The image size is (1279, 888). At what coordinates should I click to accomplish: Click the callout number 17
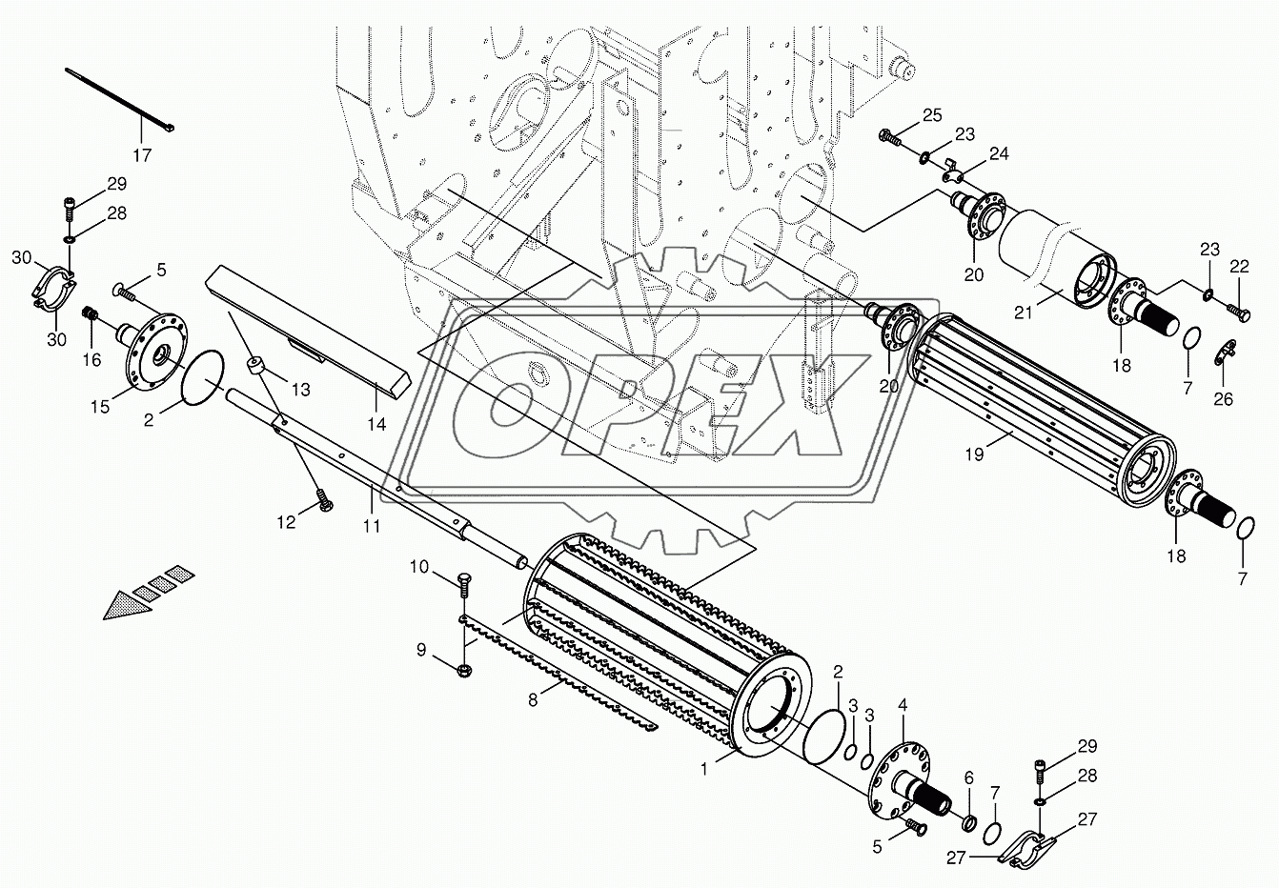coord(142,155)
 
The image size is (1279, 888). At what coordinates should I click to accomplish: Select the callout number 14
coord(376,424)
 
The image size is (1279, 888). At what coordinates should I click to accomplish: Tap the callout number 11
coord(370,524)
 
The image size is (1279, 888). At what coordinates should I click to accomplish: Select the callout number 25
coord(931,115)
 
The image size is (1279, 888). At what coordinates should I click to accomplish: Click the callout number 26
coord(1223,399)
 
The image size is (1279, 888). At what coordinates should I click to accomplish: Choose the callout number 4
coord(903,707)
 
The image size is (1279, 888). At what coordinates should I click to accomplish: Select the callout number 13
coord(300,389)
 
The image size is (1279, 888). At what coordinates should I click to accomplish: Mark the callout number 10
coord(420,568)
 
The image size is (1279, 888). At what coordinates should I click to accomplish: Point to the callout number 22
coord(1239,268)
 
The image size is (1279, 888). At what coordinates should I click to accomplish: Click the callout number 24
coord(999,153)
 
